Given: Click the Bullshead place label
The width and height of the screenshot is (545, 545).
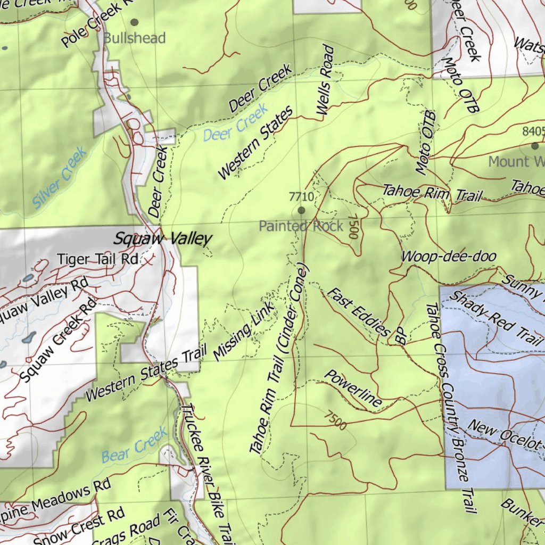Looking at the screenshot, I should [134, 38].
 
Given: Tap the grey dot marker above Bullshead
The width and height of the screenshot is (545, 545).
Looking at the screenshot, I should [134, 22].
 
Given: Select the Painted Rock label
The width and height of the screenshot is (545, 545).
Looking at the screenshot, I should [301, 226].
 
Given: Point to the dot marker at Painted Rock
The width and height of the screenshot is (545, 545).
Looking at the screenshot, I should [301, 211].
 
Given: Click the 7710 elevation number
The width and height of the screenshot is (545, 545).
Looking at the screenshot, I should [301, 197].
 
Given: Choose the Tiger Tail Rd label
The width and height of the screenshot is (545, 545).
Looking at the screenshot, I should [98, 259].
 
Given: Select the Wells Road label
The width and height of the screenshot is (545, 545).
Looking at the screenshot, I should [325, 80].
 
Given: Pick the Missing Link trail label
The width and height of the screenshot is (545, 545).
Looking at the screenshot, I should [244, 331].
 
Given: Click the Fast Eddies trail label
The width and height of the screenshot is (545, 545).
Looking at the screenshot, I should [358, 312].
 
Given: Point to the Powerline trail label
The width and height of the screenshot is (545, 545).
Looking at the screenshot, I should [353, 389].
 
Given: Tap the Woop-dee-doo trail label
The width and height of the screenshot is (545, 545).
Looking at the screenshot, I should [448, 257].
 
